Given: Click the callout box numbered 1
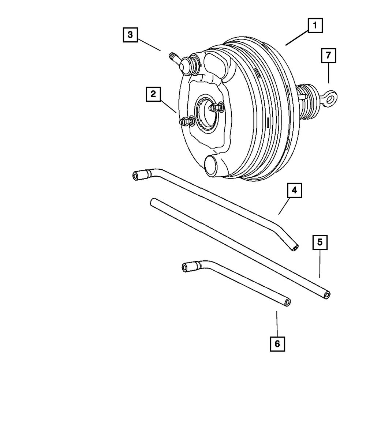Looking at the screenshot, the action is tap(315, 26).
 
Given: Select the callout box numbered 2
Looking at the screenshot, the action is tap(153, 94).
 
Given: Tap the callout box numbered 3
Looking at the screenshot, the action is tap(130, 35).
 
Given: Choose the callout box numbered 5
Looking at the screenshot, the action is tap(320, 242).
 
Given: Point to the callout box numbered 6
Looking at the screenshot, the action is tap(277, 343).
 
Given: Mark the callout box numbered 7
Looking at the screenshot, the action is tap(328, 56).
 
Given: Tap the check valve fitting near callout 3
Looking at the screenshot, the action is tap(183, 65).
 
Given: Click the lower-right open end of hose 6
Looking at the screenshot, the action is tap(288, 302).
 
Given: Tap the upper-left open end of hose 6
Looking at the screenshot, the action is tap(185, 268).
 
